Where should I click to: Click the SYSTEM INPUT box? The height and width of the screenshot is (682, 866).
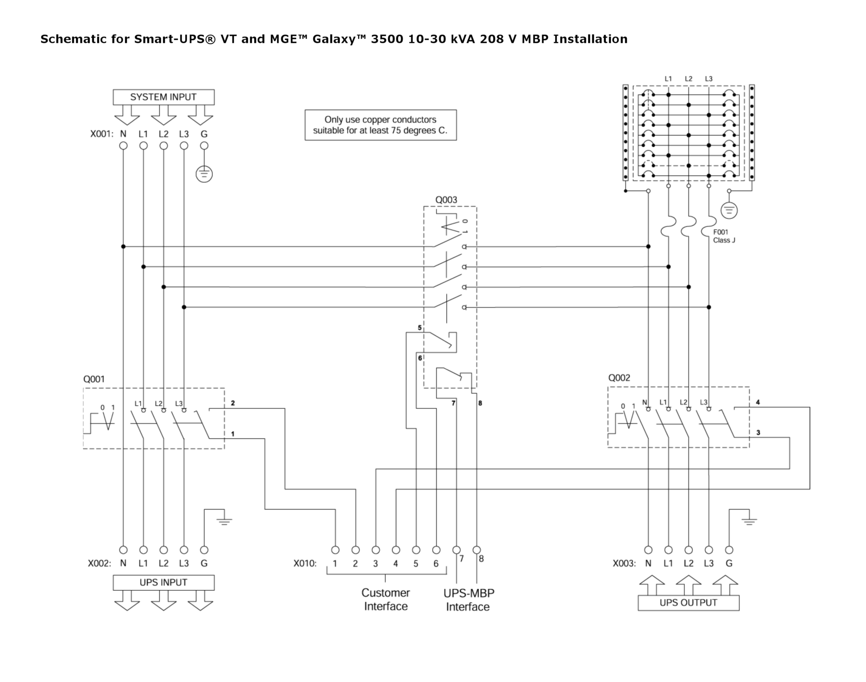point(163,97)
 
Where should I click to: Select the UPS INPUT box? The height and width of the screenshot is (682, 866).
point(163,582)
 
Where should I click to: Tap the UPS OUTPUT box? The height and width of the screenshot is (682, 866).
point(688,603)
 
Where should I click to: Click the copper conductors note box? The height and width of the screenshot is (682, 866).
point(380,125)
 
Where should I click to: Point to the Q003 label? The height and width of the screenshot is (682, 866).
point(446,200)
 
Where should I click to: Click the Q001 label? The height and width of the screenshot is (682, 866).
point(94,379)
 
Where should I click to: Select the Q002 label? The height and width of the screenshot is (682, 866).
point(619,378)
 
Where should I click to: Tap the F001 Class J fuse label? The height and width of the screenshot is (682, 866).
point(724,236)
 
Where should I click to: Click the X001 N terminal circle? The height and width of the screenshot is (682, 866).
point(123,146)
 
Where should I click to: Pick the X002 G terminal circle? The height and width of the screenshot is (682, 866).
point(204,550)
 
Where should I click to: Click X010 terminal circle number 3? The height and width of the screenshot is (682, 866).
point(375,550)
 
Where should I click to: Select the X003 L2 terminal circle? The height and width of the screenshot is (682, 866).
point(688,550)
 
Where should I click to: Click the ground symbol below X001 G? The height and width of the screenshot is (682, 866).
point(204,175)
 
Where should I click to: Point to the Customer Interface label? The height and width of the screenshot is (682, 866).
point(385,599)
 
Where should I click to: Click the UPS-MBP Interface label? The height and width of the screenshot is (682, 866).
point(469,600)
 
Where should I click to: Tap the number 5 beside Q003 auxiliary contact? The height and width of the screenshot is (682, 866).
point(419,328)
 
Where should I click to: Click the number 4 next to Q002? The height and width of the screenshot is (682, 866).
point(758,402)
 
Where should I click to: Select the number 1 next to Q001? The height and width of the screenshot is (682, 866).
point(233,433)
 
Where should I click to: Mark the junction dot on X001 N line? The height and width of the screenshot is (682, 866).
point(123,246)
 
